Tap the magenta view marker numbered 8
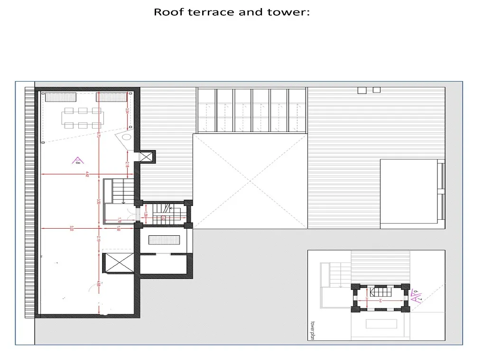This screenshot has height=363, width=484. tap(76, 161)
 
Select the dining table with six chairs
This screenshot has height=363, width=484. tap(83, 118)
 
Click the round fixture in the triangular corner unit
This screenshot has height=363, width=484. tap(126, 138)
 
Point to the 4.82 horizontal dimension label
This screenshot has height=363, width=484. tap(87, 174)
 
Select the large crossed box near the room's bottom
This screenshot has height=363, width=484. tap(119, 263)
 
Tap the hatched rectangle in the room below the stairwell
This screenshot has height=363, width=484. tap(165, 240)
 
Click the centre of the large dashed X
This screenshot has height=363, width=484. tap(250, 181)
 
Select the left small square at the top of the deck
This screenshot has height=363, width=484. tap(362, 90)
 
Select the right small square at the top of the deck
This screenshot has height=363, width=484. tap(377, 90)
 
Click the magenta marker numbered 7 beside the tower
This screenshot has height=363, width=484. tap(416, 298)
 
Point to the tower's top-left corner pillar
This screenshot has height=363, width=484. tap(355, 288)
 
